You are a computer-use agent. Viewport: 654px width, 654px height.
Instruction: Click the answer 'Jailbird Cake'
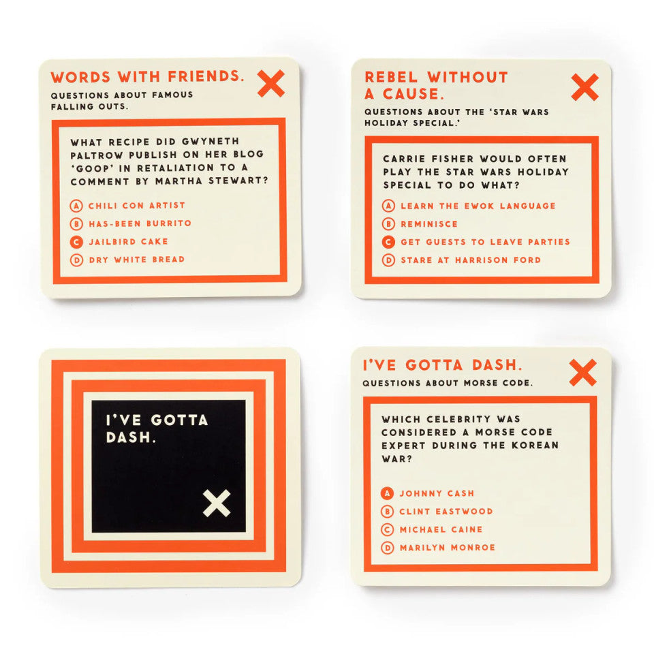coord(128,241)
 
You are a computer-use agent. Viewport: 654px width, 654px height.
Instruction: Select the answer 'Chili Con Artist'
coord(136,205)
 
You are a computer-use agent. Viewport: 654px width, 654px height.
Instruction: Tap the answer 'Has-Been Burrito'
coord(140,223)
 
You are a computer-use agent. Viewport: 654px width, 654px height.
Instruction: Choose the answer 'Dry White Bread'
coord(136,259)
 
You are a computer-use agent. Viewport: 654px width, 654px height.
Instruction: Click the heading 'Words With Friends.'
coord(147,77)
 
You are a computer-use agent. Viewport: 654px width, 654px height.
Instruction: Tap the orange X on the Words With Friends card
coord(271,83)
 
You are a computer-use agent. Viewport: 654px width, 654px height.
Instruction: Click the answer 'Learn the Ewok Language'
coord(478,206)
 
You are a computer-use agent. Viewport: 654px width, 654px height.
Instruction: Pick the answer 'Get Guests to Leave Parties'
coord(485,242)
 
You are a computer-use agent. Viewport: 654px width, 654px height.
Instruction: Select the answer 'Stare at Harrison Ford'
coord(471,260)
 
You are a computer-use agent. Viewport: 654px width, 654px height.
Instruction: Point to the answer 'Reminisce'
coord(429,223)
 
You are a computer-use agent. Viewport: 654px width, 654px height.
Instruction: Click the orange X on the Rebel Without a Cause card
coord(585,87)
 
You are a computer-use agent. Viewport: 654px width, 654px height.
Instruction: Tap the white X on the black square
coord(217,503)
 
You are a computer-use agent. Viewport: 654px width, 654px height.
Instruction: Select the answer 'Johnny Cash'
coord(437,493)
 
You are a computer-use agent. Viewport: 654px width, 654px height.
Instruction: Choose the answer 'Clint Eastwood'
coord(446,511)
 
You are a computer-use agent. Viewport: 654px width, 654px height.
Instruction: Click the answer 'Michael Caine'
coord(441,529)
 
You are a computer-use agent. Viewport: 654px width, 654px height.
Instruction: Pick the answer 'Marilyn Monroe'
coord(447,547)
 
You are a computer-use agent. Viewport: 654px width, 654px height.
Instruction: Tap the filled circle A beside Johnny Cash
coord(388,493)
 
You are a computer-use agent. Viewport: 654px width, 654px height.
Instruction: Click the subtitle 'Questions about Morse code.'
coord(447,383)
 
